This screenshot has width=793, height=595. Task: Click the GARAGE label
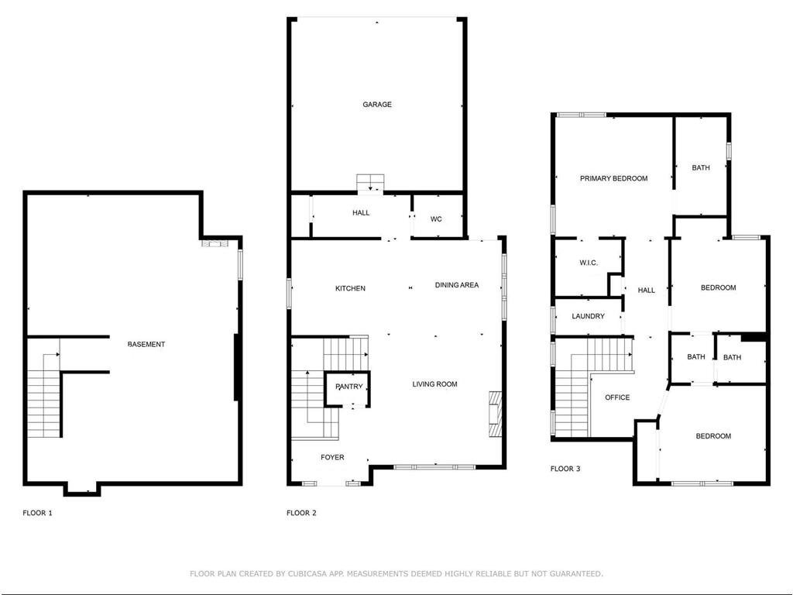(377, 105)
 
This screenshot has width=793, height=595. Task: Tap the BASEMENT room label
(146, 344)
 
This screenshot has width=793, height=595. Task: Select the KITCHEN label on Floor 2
(350, 288)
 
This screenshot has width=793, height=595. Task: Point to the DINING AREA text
(456, 285)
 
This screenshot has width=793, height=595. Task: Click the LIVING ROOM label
(434, 384)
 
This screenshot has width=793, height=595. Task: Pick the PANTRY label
(348, 387)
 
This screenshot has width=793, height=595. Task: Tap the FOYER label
(332, 457)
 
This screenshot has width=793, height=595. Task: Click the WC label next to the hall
(436, 219)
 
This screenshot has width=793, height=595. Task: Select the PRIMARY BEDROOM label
(613, 178)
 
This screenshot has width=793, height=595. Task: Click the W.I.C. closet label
(589, 263)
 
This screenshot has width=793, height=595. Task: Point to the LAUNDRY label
(588, 316)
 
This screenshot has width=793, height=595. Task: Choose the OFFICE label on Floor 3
(617, 397)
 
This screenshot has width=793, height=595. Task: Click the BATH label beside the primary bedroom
(700, 167)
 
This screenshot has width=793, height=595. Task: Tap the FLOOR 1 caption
(37, 513)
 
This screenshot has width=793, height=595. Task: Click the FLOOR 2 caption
(301, 513)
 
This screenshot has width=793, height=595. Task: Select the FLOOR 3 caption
(565, 469)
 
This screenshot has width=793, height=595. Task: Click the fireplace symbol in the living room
(494, 415)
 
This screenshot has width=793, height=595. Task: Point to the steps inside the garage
(370, 184)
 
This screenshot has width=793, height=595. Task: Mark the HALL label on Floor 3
(646, 291)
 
